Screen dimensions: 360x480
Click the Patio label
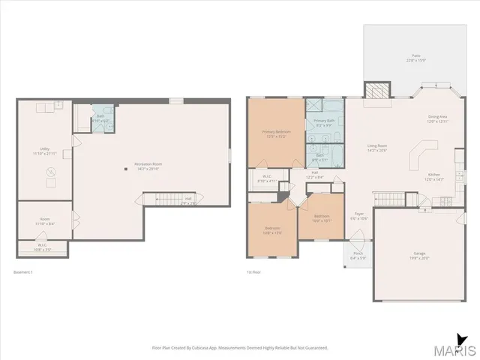click(415, 58)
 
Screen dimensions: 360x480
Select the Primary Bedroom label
click(276, 133)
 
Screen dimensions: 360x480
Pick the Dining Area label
click(437, 118)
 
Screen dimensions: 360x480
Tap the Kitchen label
click(434, 178)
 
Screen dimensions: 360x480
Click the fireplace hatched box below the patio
click(377, 90)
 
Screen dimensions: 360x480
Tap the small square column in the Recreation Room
click(126, 170)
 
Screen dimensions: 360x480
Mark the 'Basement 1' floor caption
click(25, 272)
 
